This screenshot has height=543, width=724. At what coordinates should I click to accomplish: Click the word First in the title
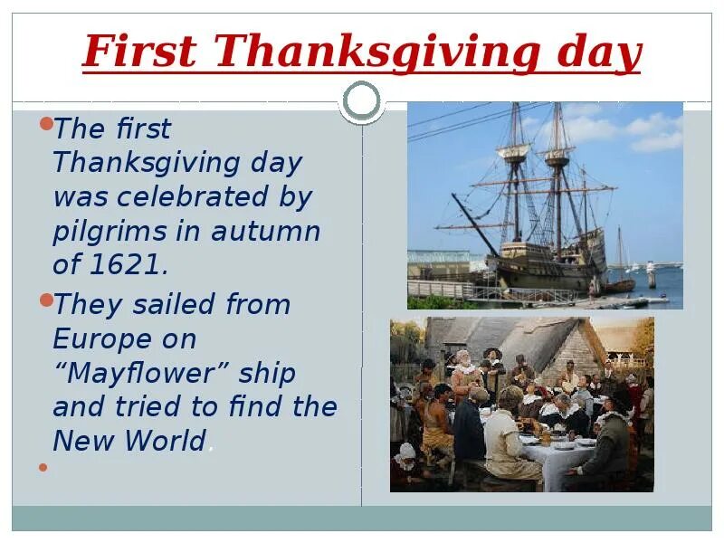click(x=139, y=52)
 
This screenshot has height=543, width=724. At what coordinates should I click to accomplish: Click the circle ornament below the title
click(x=363, y=101)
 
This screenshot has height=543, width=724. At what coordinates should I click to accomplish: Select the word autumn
click(x=266, y=232)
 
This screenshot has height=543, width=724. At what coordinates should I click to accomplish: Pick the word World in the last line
click(x=167, y=441)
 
